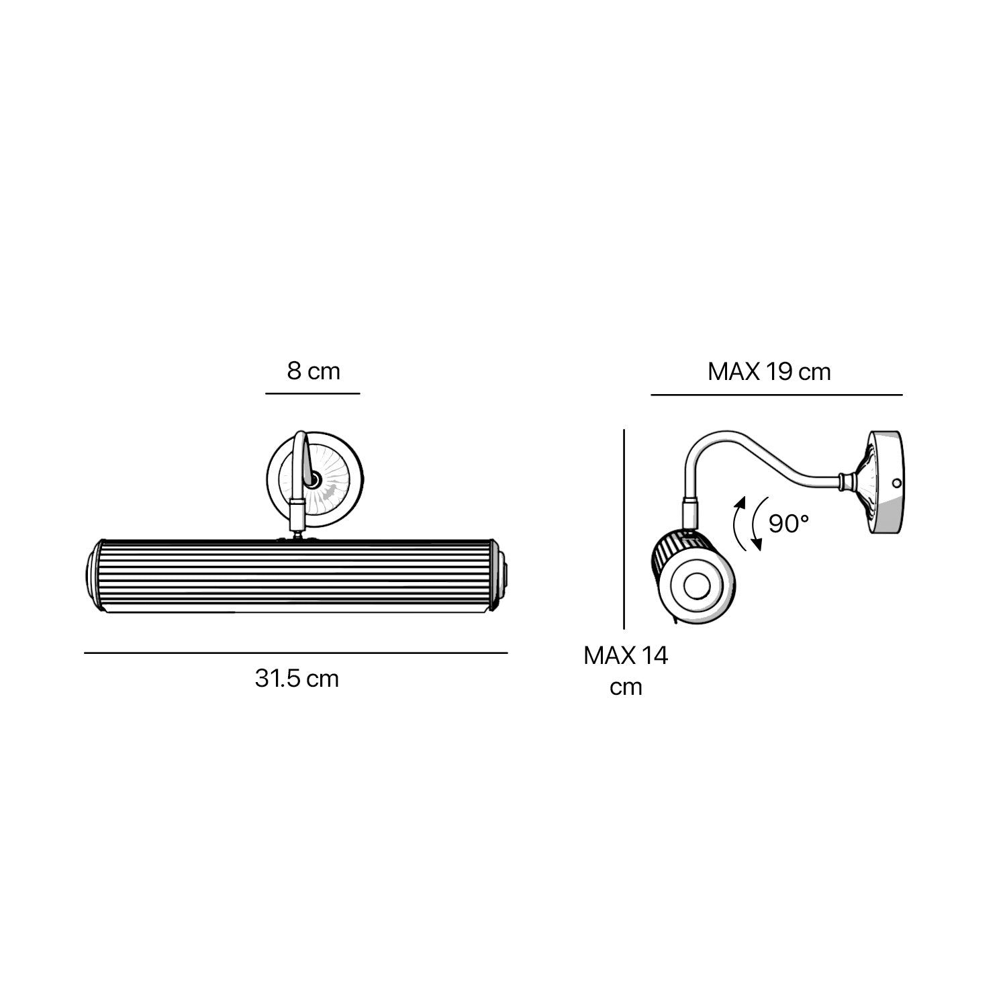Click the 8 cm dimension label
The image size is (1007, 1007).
(x=314, y=371)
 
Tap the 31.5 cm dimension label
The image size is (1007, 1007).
(x=297, y=678)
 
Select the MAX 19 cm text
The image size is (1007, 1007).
(x=769, y=371)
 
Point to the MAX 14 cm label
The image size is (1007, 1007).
(x=626, y=671)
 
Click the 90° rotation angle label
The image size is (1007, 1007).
(x=789, y=523)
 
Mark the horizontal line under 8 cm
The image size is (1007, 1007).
(x=313, y=393)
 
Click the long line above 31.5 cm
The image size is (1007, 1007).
(x=295, y=653)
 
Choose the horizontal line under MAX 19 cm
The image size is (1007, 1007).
(x=777, y=395)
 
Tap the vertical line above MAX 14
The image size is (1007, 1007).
(x=624, y=529)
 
